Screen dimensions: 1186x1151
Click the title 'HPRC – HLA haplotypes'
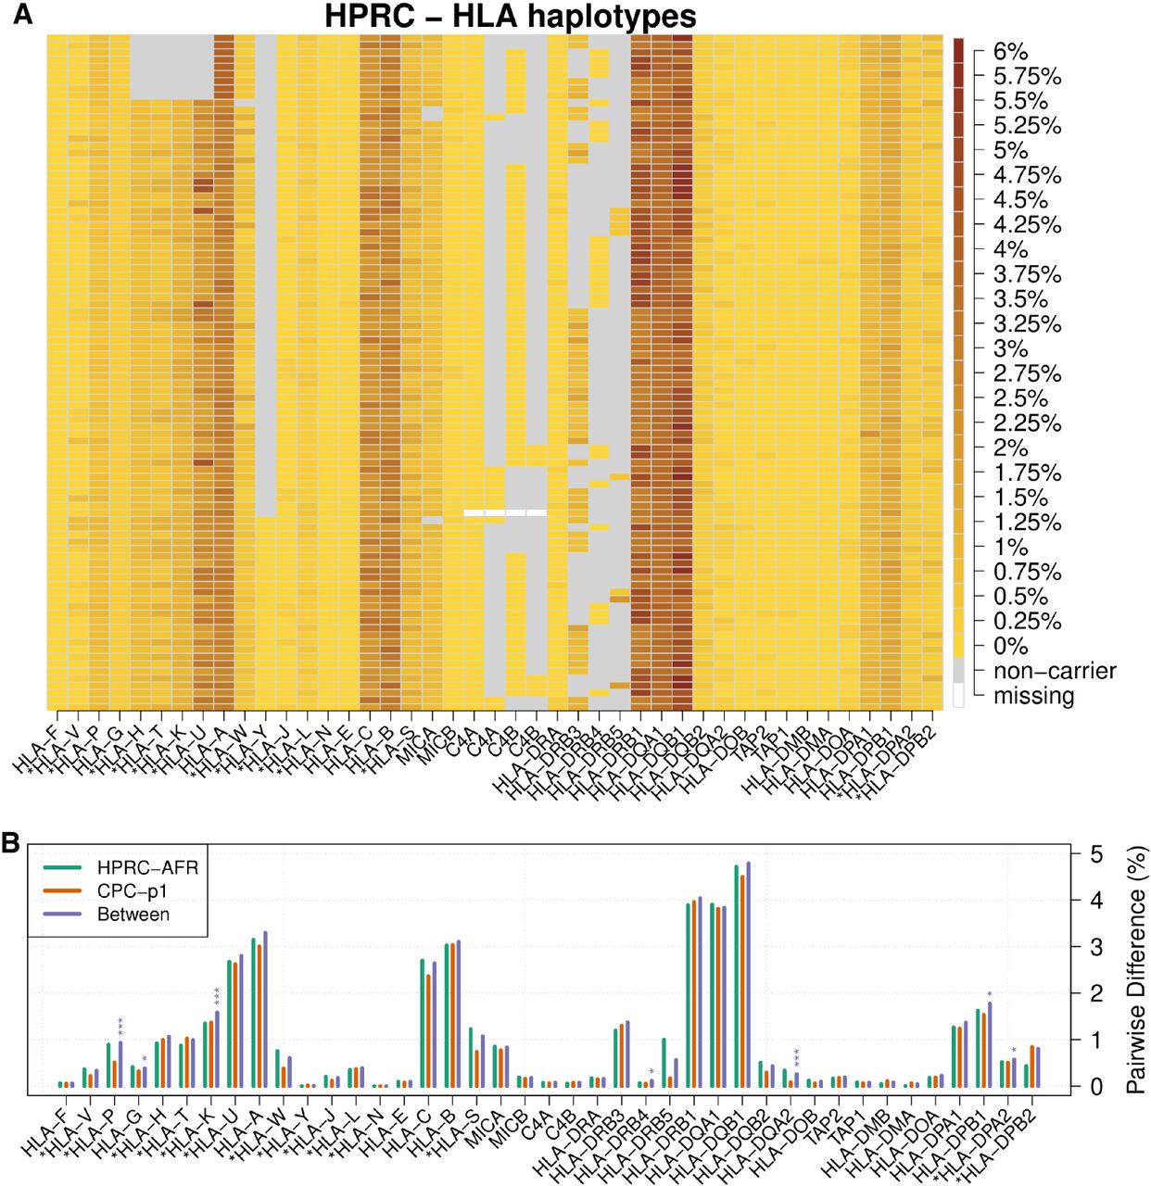[510, 17]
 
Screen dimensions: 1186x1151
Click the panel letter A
[21, 15]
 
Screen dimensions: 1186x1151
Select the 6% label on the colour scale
[1010, 52]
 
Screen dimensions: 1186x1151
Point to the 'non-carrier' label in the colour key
[1055, 671]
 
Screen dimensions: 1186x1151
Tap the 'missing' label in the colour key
[1033, 696]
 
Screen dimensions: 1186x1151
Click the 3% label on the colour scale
[1010, 349]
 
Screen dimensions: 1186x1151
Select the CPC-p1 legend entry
[133, 891]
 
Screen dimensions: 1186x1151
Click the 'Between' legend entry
[133, 915]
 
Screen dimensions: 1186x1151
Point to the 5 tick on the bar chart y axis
[1096, 854]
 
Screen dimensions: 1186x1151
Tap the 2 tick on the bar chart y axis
[1096, 993]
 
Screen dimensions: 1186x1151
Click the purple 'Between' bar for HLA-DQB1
[748, 975]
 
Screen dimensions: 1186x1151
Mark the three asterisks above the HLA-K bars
[217, 997]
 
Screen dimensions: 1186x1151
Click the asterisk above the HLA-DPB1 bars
[989, 995]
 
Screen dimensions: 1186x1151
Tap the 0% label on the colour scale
[1010, 646]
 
